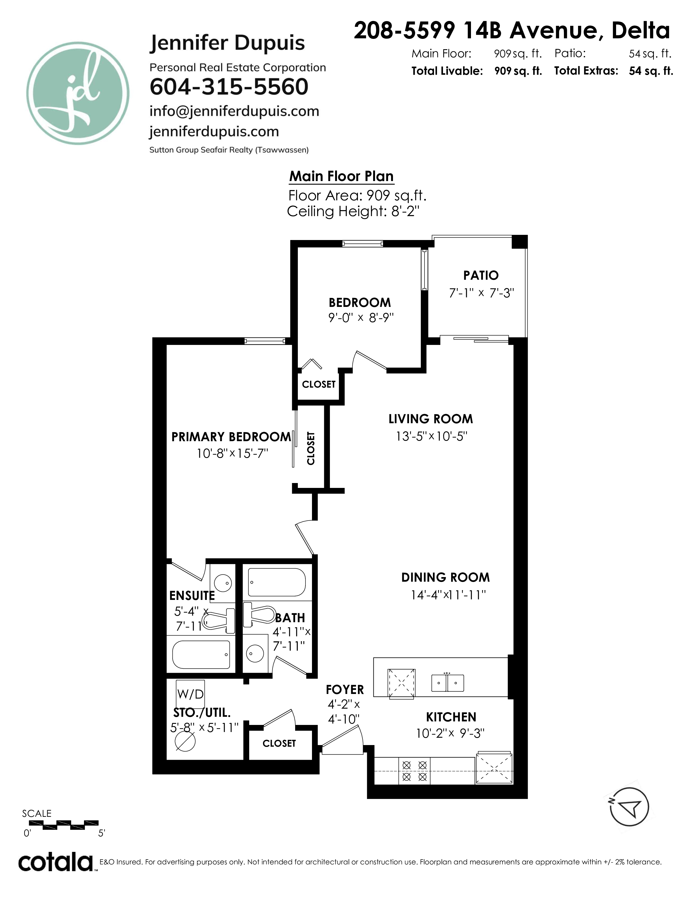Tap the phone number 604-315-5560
229,87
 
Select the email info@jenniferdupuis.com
234,111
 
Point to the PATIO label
481,275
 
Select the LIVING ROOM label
431,419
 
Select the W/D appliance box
190,694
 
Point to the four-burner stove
414,771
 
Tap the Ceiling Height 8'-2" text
353,211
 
